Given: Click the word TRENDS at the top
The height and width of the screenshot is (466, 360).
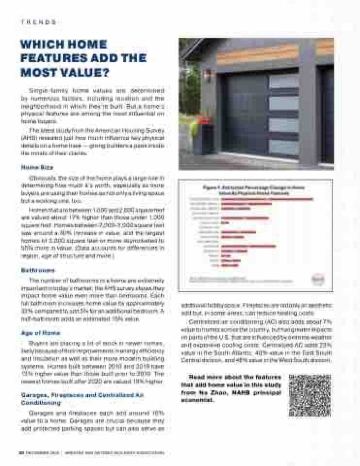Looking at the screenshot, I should [x=38, y=22].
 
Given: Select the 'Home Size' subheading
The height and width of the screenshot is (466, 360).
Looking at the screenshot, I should [x=37, y=167].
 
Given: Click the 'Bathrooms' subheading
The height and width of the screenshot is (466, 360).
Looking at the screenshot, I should [x=38, y=270].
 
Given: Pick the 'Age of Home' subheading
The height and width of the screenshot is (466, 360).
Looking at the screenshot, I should [x=40, y=333].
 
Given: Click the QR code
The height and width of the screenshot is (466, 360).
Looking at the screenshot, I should [x=310, y=395].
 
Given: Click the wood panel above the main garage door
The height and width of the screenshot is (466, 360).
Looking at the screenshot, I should [x=257, y=53].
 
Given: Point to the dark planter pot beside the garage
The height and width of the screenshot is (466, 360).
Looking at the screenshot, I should [x=204, y=141].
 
